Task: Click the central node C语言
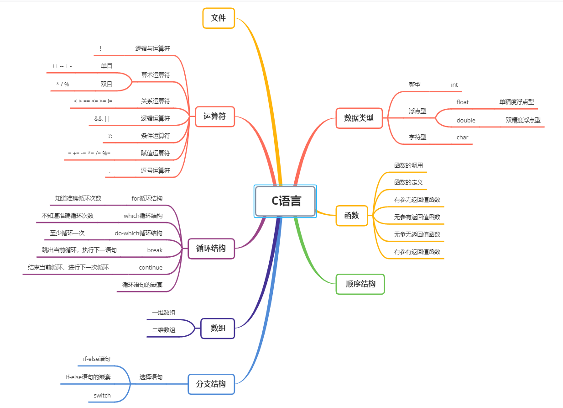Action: click(x=286, y=201)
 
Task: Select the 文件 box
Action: click(x=219, y=18)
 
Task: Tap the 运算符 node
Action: click(x=214, y=117)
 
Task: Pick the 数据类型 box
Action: click(x=359, y=118)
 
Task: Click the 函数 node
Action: click(x=352, y=216)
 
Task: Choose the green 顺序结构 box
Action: click(x=360, y=284)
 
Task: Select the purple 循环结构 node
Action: click(x=211, y=249)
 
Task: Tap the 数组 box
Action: click(x=218, y=329)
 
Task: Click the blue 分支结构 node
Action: click(x=211, y=384)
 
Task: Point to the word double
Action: click(x=466, y=120)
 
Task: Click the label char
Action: click(x=463, y=137)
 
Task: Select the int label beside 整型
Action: click(x=454, y=85)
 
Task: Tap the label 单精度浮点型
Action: click(x=516, y=102)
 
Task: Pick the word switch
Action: click(x=102, y=395)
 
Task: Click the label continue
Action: click(x=151, y=267)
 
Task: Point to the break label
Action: click(x=155, y=250)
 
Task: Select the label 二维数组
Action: click(x=163, y=330)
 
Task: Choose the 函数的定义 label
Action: click(x=409, y=182)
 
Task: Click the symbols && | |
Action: click(x=102, y=119)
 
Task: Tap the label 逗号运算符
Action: click(x=155, y=170)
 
